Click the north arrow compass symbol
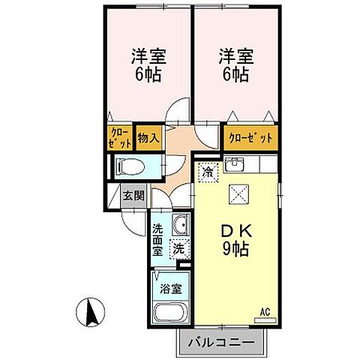tap(90, 311)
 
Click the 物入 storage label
tap(148, 138)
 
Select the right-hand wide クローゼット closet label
tap(250, 138)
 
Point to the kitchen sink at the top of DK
tap(233, 164)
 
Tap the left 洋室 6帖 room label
tap(148, 64)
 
